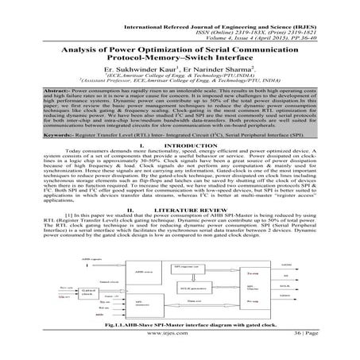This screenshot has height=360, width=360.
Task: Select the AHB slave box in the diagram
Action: point(141,271)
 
